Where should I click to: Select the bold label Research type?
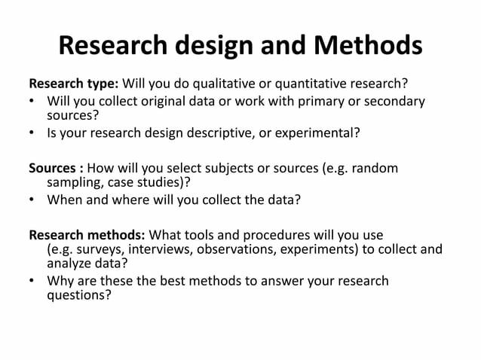[x=73, y=83]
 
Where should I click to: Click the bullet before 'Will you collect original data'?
[x=32, y=101]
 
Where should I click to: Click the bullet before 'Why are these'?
[x=32, y=282]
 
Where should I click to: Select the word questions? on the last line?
[x=79, y=296]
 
